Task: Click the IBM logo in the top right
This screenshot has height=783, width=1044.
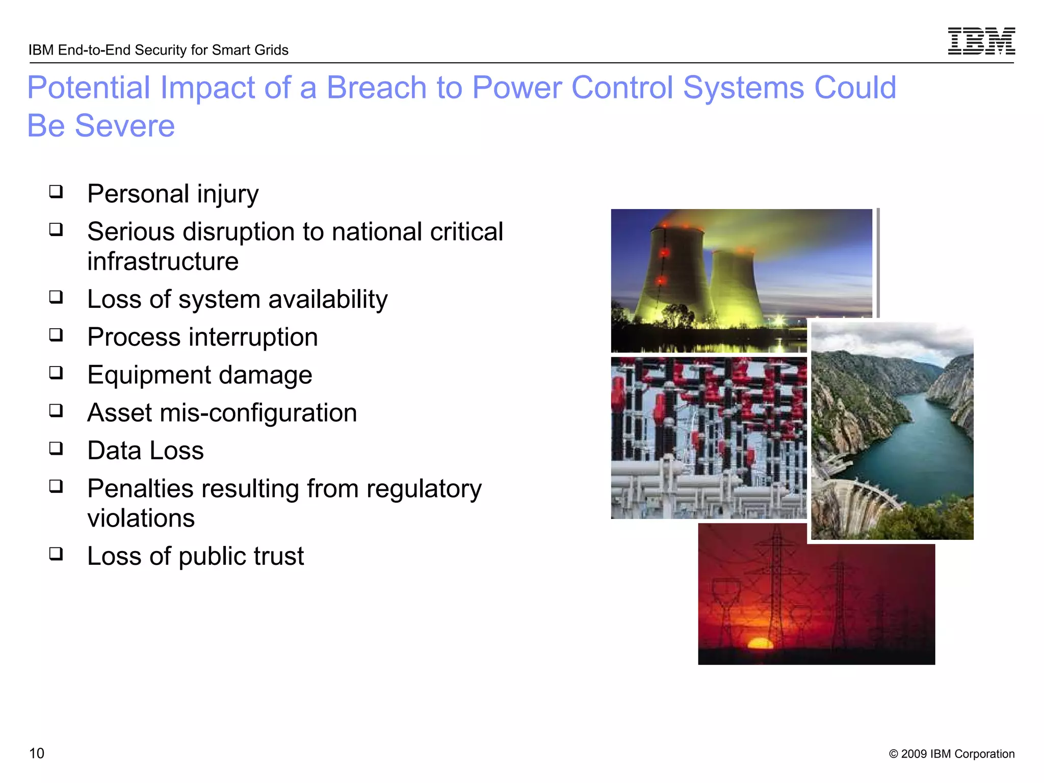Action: [981, 41]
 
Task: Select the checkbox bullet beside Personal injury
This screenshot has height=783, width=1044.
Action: [56, 192]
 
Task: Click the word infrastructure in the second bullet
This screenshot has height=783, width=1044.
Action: [163, 262]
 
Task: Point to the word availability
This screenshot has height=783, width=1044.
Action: [328, 299]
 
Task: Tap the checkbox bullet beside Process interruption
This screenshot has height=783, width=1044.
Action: [56, 335]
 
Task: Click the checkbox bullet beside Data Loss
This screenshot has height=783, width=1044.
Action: [56, 449]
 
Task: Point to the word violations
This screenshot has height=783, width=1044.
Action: [141, 518]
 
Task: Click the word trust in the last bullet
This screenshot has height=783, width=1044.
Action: [278, 556]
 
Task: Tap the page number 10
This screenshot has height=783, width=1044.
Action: [37, 753]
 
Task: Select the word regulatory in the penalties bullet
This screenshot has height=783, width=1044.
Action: [424, 489]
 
